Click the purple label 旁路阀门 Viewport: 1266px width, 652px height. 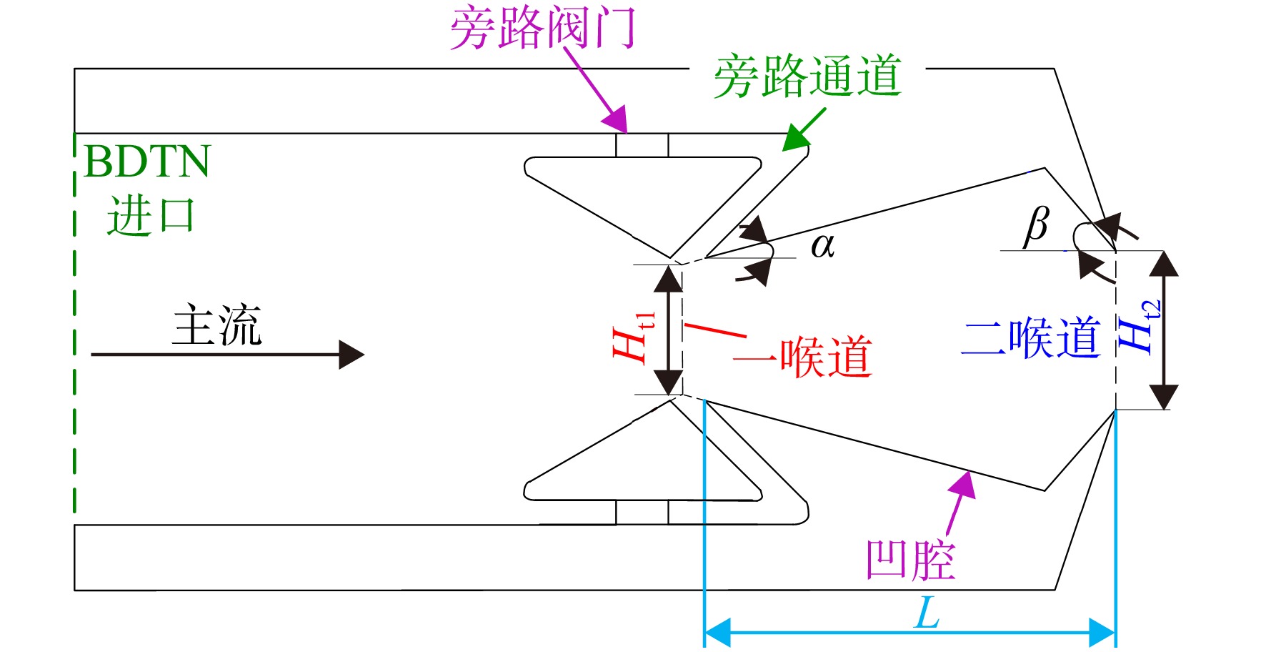(542, 28)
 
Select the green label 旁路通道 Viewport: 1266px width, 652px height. (807, 76)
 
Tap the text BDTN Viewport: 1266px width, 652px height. (147, 162)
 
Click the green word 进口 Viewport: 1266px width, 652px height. (151, 215)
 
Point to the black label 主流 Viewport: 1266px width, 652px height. (217, 325)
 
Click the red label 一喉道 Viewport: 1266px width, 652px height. (802, 356)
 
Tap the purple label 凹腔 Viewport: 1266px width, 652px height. (910, 560)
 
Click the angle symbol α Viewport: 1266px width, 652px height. (822, 246)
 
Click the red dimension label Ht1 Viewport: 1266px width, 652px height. (633, 336)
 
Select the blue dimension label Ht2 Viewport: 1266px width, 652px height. (1139, 325)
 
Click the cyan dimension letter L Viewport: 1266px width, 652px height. (927, 613)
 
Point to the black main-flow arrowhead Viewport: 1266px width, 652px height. (352, 355)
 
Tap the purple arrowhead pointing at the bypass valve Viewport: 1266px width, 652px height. (616, 119)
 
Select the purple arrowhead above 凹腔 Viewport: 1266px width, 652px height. (963, 484)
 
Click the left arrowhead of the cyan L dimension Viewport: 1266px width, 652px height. (717, 632)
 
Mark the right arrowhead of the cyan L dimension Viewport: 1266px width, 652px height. (1102, 632)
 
